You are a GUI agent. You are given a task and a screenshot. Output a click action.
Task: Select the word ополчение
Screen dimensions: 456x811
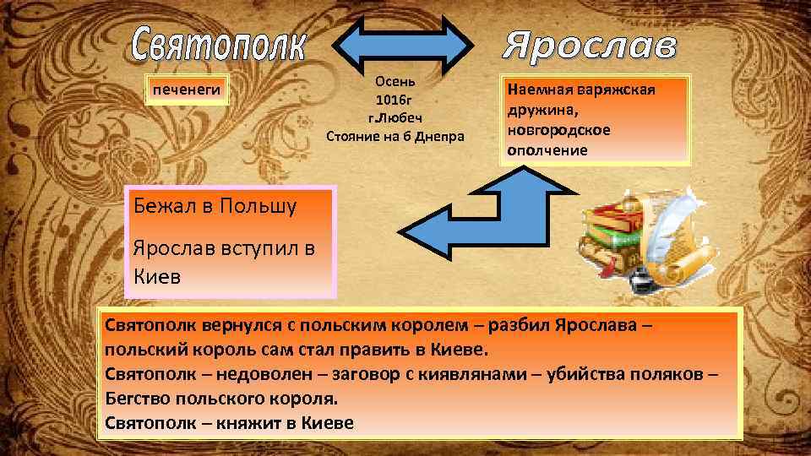pos(547,150)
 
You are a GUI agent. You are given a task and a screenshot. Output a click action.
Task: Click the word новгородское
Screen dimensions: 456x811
pos(558,131)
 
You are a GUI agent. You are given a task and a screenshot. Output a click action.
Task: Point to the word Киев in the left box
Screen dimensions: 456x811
pos(157,276)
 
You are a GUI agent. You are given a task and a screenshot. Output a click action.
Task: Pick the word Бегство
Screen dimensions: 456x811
pos(139,398)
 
